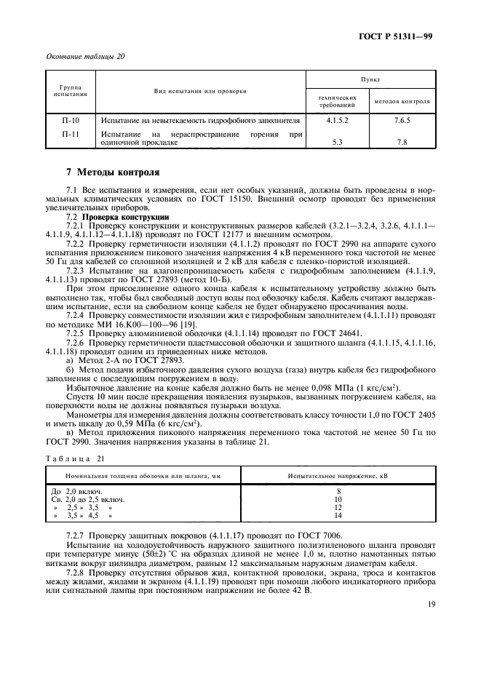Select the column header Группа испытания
(x=70, y=91)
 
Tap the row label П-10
(x=70, y=119)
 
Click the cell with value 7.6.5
(x=402, y=119)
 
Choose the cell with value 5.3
(x=337, y=143)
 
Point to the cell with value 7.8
(x=402, y=143)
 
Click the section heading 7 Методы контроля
(x=113, y=173)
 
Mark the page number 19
(x=430, y=614)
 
